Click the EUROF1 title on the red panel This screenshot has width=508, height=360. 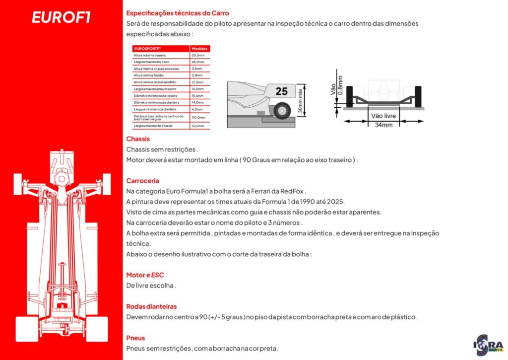click(61, 17)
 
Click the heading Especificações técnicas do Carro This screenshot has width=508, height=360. click(178, 13)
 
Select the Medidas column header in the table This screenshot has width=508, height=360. click(200, 49)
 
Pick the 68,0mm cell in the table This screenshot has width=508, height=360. click(198, 62)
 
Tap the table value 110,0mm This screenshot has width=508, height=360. click(198, 117)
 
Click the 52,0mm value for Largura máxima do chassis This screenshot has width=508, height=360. click(198, 126)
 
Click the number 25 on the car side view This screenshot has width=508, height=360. click(281, 91)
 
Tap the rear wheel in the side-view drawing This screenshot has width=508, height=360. click(282, 110)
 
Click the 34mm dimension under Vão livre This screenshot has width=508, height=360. click(383, 125)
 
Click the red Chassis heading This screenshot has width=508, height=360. click(138, 139)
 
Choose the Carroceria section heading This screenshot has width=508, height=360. click(142, 181)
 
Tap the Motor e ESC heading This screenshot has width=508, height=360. click(145, 275)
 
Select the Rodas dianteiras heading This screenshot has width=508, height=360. click(151, 306)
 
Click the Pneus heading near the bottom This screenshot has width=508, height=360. click(135, 338)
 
